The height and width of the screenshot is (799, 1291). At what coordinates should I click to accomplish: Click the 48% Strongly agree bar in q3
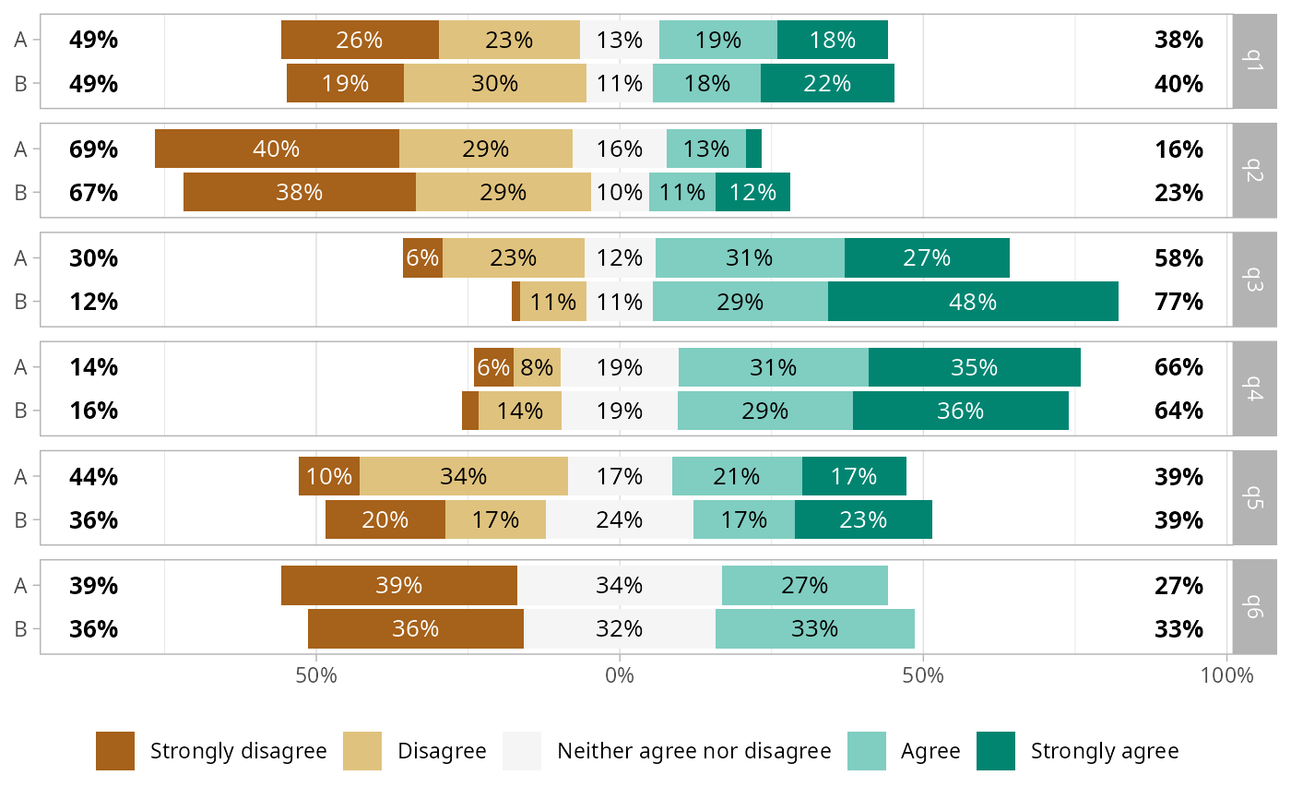(x=973, y=302)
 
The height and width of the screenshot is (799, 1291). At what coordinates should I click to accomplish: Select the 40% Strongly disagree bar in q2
(x=277, y=149)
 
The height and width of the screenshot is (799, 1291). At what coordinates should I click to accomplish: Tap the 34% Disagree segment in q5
(x=463, y=477)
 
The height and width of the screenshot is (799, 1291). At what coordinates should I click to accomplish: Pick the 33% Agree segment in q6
(x=814, y=629)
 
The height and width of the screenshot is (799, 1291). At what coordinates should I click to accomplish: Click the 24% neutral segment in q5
(x=619, y=519)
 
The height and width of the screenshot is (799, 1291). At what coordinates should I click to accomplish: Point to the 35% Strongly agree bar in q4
(x=974, y=367)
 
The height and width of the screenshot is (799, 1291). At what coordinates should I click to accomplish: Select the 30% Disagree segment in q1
(x=494, y=83)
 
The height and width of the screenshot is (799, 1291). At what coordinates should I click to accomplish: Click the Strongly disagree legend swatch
(x=115, y=751)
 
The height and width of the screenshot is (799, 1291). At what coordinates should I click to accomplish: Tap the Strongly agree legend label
(x=1104, y=751)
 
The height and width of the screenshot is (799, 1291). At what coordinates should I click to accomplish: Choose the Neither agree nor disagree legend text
(x=693, y=751)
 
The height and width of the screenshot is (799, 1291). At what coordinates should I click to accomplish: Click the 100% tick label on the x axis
(x=1227, y=675)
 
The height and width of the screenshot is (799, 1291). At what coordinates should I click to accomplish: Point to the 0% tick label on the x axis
(x=620, y=675)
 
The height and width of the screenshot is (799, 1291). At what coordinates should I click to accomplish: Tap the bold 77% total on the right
(x=1178, y=302)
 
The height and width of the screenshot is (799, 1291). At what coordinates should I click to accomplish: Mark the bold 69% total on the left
(x=94, y=149)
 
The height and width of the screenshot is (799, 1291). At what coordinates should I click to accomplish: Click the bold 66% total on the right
(x=1178, y=367)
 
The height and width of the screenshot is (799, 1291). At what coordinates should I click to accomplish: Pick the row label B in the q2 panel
(x=21, y=193)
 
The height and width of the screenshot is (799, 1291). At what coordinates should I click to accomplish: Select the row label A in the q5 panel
(x=21, y=477)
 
